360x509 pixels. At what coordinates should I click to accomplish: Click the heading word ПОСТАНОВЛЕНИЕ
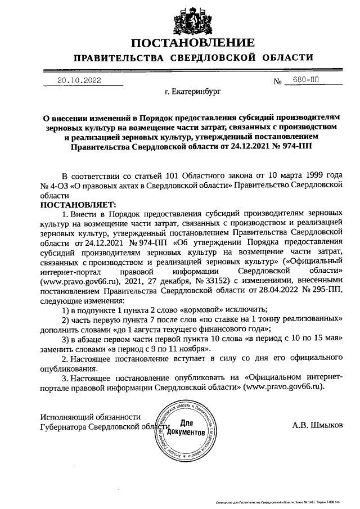[193, 43]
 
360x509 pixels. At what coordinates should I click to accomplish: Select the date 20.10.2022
[79, 80]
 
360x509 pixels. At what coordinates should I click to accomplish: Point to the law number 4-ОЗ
[57, 184]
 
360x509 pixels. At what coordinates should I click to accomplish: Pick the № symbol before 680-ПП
[277, 81]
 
